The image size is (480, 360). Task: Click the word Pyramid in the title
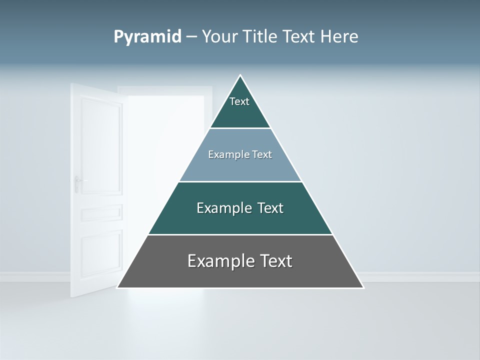click(147, 37)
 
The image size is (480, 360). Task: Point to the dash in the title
click(191, 37)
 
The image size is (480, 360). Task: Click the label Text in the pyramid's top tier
click(239, 101)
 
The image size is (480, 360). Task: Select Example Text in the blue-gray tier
click(240, 154)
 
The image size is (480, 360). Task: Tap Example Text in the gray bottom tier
click(240, 261)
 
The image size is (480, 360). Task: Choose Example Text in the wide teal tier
click(240, 208)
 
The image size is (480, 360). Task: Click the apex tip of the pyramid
click(240, 76)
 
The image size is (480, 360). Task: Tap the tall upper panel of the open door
click(101, 145)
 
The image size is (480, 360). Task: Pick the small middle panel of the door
click(101, 212)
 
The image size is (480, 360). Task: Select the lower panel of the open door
click(101, 255)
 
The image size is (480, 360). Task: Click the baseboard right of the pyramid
click(420, 276)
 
